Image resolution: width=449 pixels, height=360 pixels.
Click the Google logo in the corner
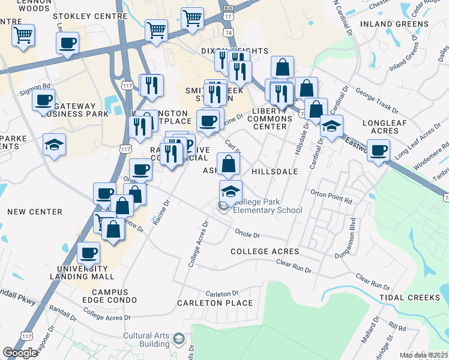(x=20, y=353)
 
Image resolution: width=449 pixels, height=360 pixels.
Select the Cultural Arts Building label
(x=146, y=340)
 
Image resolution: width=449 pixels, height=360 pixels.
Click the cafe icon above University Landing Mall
(x=89, y=253)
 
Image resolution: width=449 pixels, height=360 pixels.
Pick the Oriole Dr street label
(x=247, y=235)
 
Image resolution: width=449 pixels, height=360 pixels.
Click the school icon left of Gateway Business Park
(x=54, y=145)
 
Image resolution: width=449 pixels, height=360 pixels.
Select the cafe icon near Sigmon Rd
(x=44, y=100)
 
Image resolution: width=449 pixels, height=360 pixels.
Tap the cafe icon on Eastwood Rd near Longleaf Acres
(x=378, y=150)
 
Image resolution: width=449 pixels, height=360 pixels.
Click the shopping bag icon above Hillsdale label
(x=229, y=163)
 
